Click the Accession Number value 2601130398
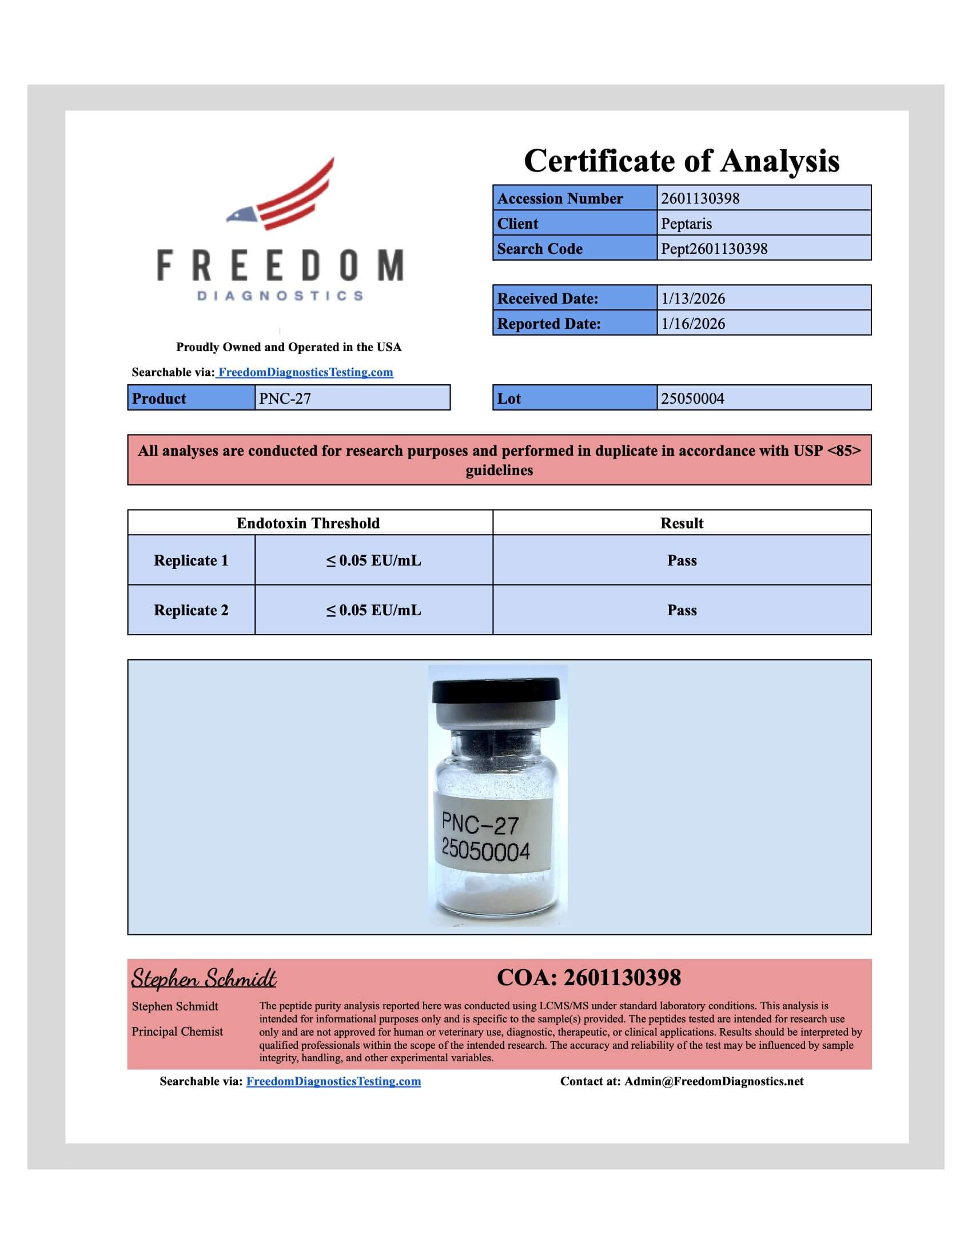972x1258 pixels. (x=700, y=198)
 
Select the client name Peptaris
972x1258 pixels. (x=686, y=224)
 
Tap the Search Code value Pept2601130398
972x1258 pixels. (x=714, y=249)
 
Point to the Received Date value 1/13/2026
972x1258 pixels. (x=693, y=298)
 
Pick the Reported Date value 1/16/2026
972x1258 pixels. (x=693, y=324)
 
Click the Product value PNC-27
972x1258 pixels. (x=285, y=399)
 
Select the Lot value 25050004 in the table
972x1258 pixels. (x=692, y=399)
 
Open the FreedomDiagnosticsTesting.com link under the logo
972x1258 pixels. (x=305, y=372)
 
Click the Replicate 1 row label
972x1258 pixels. (x=190, y=560)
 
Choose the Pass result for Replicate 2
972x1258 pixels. (x=682, y=610)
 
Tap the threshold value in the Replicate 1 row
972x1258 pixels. (x=374, y=560)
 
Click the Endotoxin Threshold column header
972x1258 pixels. (x=308, y=523)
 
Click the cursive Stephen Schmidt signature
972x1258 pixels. (x=204, y=978)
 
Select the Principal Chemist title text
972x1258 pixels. (x=177, y=1032)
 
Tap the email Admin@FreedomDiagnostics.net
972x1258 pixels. (x=714, y=1081)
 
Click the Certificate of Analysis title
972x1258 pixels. (x=681, y=161)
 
